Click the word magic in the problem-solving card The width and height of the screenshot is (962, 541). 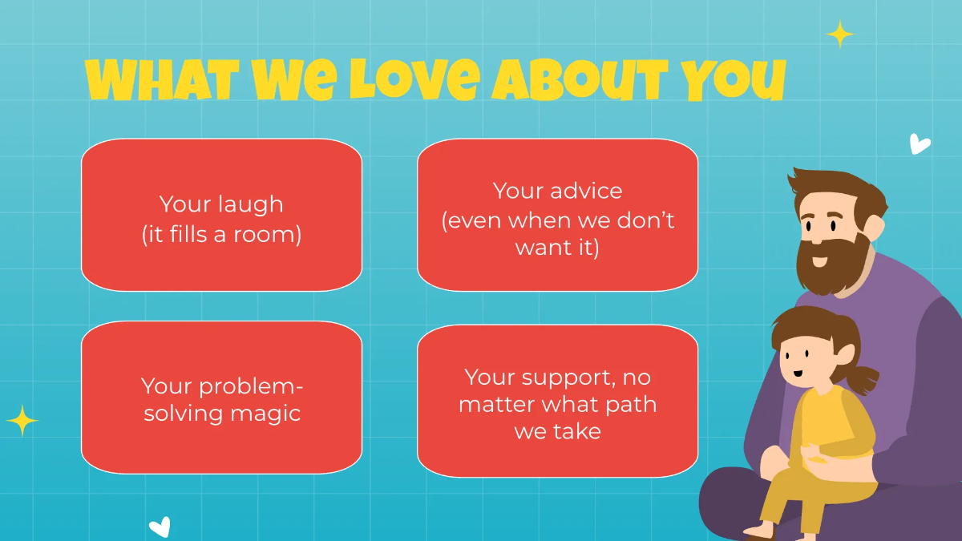pyautogui.click(x=265, y=414)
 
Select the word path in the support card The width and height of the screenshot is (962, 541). pyautogui.click(x=630, y=404)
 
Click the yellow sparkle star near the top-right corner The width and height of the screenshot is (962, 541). pyautogui.click(x=839, y=34)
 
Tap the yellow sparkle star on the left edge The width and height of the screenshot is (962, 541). pyautogui.click(x=22, y=421)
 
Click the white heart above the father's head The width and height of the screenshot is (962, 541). pyautogui.click(x=920, y=144)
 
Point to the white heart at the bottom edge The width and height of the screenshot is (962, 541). pyautogui.click(x=160, y=527)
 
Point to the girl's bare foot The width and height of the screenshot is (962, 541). pyautogui.click(x=758, y=531)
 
